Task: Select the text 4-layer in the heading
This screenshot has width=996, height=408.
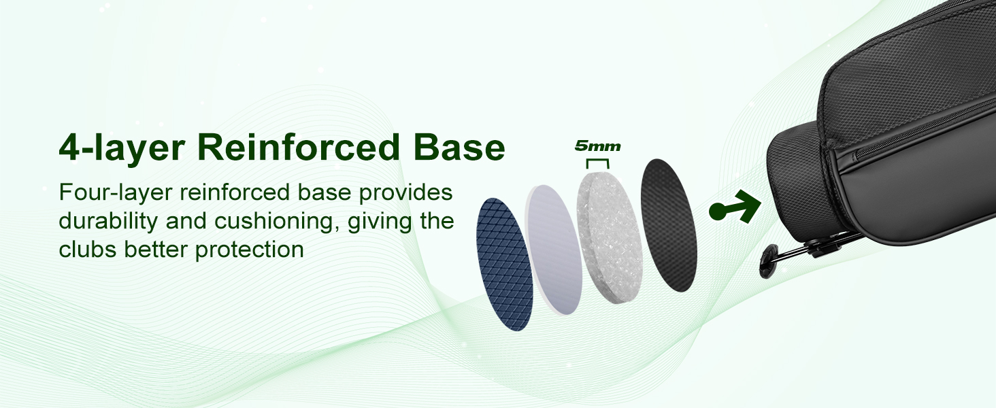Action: tap(121, 150)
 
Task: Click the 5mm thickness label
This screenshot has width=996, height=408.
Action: tap(597, 146)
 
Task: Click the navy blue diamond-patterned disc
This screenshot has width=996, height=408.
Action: tap(504, 264)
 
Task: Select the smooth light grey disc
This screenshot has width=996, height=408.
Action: tap(554, 250)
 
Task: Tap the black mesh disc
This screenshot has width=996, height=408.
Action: tap(668, 225)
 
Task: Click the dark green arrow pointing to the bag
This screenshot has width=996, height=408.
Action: tap(735, 207)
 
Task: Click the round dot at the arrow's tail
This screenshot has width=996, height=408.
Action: tap(718, 211)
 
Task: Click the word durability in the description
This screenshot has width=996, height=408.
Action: tap(108, 221)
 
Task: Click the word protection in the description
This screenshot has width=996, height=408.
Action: tap(250, 250)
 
